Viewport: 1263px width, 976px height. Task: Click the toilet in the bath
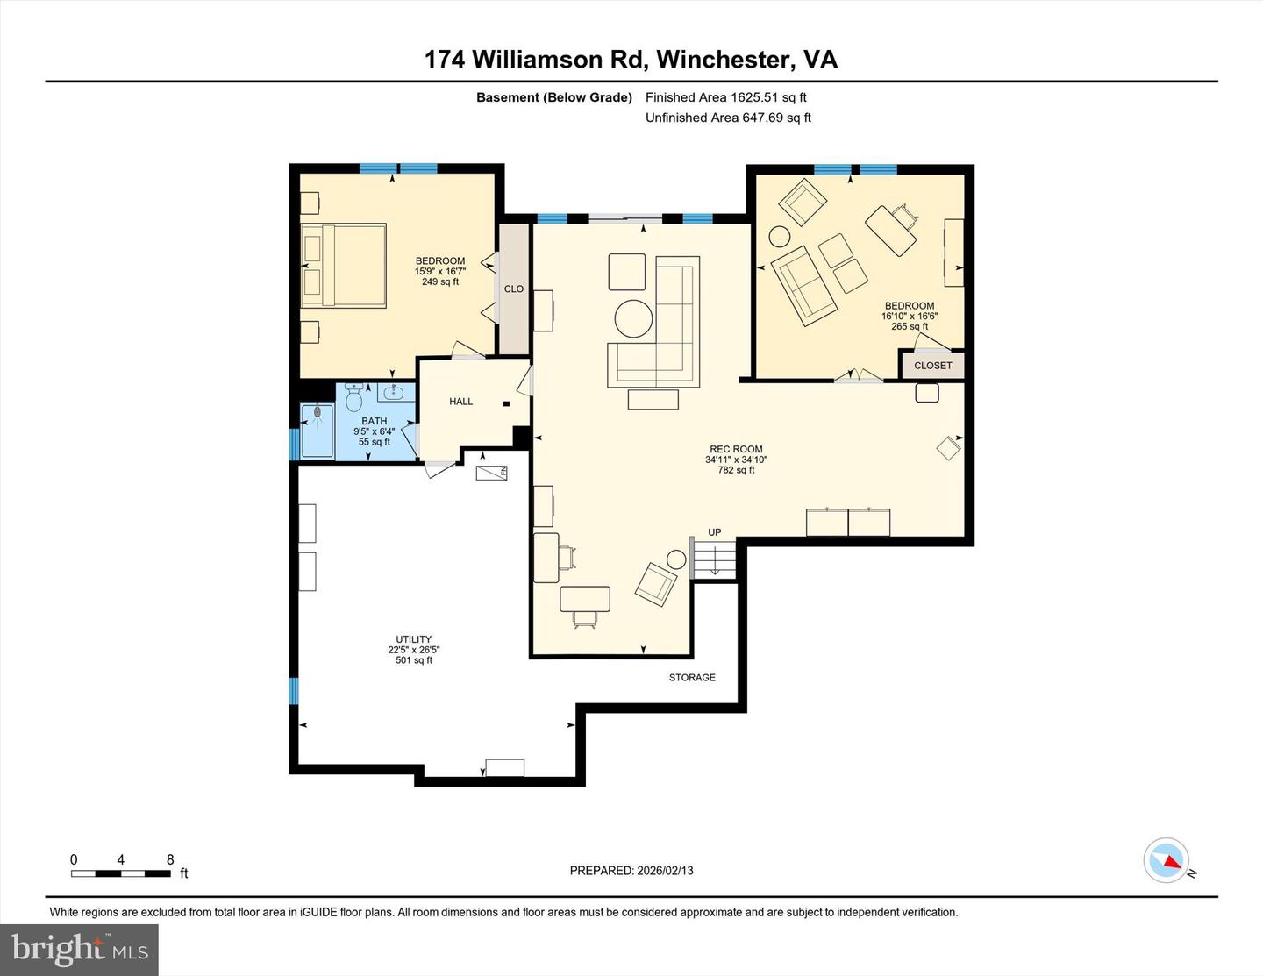354,400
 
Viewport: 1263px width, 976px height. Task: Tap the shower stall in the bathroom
317,430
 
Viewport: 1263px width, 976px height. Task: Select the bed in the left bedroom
344,265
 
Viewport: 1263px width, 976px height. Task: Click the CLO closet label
514,289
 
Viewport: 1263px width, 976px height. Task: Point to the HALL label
460,402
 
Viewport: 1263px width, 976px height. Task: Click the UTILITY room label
414,639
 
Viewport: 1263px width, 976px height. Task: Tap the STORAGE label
692,677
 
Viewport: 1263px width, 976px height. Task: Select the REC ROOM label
736,449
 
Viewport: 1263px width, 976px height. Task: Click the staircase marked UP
714,559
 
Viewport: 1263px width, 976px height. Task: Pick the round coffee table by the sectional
633,318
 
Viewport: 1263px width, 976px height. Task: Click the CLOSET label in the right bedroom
932,366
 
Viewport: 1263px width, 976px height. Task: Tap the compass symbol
1167,860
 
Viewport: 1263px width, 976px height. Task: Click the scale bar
121,873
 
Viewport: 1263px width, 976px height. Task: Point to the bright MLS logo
80,950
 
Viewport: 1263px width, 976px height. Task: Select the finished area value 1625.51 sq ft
768,97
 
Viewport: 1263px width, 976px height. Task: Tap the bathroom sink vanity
396,392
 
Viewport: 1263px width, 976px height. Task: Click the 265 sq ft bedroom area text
910,326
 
